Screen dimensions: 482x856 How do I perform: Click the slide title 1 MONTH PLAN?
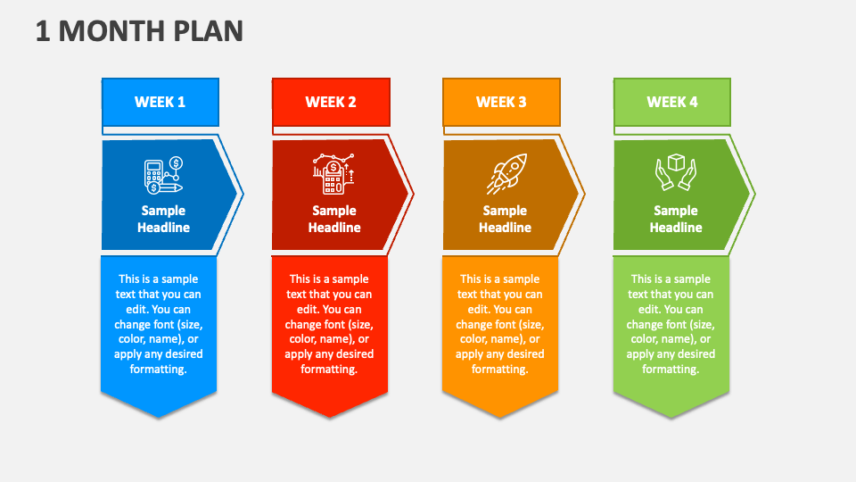pyautogui.click(x=139, y=30)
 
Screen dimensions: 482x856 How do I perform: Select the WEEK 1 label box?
pyautogui.click(x=160, y=102)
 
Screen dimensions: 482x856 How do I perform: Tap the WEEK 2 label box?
pyautogui.click(x=331, y=102)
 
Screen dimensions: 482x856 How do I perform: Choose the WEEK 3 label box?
pyautogui.click(x=501, y=102)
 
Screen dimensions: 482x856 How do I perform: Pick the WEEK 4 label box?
pyautogui.click(x=672, y=102)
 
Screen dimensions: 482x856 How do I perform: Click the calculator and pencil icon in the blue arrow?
pyautogui.click(x=162, y=176)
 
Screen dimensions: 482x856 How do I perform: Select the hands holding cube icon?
pyautogui.click(x=675, y=174)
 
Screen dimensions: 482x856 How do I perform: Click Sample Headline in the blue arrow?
pyautogui.click(x=163, y=219)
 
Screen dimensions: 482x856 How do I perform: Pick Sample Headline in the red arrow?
pyautogui.click(x=334, y=219)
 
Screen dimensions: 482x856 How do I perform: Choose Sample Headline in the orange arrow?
pyautogui.click(x=505, y=219)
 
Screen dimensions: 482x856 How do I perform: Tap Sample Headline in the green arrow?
pyautogui.click(x=676, y=219)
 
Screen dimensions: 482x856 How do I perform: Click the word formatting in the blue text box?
pyautogui.click(x=159, y=370)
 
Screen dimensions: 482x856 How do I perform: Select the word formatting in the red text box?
pyautogui.click(x=329, y=370)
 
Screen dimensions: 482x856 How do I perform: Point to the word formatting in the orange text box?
pyautogui.click(x=500, y=370)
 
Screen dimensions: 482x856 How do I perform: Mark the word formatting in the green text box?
pyautogui.click(x=671, y=370)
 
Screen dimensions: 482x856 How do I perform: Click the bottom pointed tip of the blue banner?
pyautogui.click(x=159, y=415)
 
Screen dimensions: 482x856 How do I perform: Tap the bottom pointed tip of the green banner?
pyautogui.click(x=671, y=415)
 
